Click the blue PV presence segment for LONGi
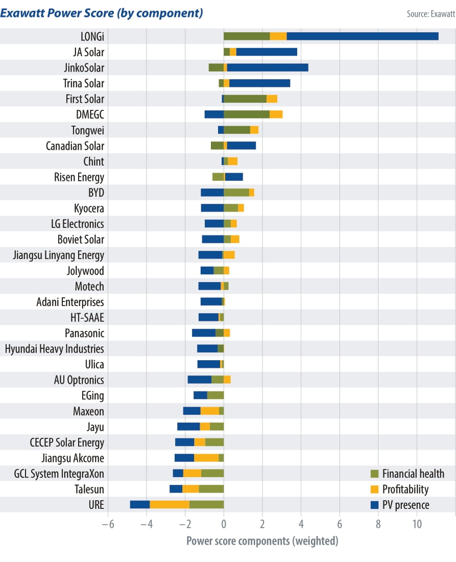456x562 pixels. click(363, 36)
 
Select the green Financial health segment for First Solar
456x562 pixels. click(245, 99)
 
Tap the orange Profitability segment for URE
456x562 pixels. click(170, 505)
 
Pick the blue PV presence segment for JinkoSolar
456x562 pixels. click(268, 67)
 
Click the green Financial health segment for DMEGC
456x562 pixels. click(247, 114)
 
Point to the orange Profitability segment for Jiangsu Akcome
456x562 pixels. click(206, 458)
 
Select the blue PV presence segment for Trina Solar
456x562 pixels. click(260, 83)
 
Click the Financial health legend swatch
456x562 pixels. click(374, 474)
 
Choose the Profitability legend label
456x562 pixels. click(405, 489)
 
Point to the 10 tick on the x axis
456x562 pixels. click(417, 524)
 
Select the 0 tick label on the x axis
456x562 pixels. click(224, 524)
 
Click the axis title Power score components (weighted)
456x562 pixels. click(262, 541)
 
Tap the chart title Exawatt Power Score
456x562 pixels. click(102, 13)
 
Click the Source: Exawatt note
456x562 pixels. click(430, 14)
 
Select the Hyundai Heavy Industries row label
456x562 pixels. click(54, 349)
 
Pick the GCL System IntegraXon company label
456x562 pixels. click(59, 474)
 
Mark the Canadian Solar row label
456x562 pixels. click(75, 146)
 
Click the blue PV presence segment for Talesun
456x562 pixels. click(176, 489)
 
